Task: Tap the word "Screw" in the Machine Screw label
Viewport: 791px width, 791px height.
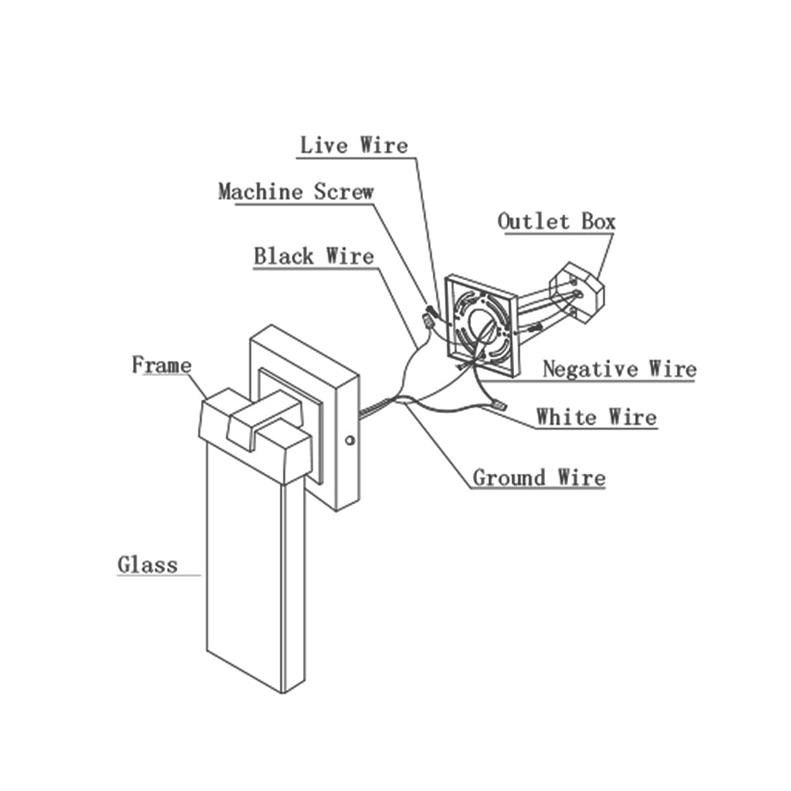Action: (x=343, y=191)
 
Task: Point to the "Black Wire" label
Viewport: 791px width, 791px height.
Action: (x=313, y=257)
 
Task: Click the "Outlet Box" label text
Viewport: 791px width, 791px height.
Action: (x=556, y=221)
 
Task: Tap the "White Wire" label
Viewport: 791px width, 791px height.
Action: (x=596, y=417)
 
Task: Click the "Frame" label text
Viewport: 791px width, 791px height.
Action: (x=161, y=365)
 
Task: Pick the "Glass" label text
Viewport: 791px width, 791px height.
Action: (x=147, y=566)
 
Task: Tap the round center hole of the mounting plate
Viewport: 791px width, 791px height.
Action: (x=482, y=324)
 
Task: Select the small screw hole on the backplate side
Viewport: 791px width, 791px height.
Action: (x=350, y=438)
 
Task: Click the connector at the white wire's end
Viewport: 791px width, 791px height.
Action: (x=498, y=407)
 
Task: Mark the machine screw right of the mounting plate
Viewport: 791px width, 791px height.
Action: (x=535, y=325)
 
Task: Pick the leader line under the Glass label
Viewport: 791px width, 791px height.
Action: (x=158, y=575)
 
